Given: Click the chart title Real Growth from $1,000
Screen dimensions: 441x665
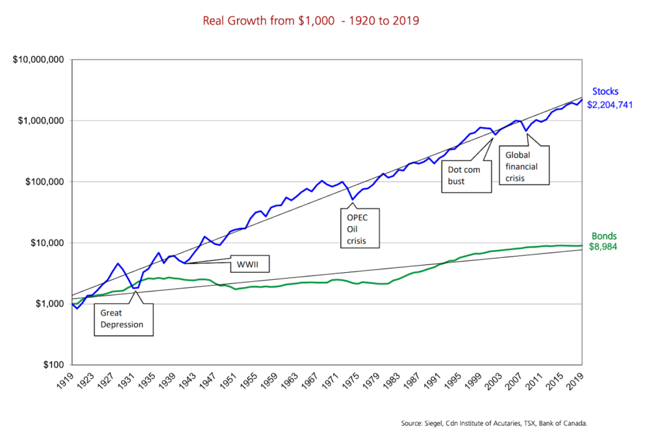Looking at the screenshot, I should [x=310, y=21].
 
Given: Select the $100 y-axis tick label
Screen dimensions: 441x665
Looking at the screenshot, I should [x=53, y=365].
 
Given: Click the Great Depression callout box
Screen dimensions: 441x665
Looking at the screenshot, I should [x=123, y=318].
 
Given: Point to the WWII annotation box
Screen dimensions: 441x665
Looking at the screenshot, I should [x=249, y=263].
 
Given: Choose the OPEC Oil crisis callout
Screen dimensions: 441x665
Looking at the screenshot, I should [x=362, y=227].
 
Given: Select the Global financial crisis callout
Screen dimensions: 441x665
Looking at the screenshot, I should [x=525, y=165].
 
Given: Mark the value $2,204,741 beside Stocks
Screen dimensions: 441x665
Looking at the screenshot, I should [x=610, y=104].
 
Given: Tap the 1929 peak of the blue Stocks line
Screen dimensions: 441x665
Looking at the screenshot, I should [x=118, y=264].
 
